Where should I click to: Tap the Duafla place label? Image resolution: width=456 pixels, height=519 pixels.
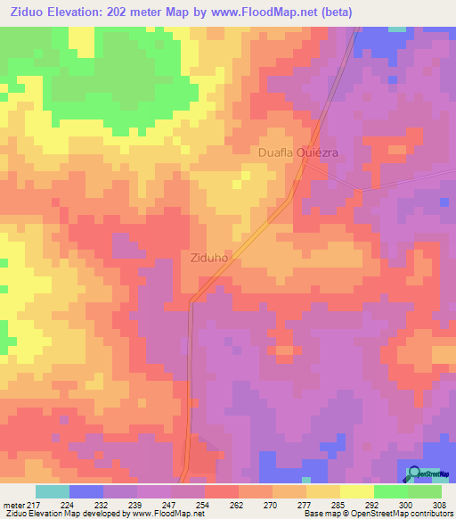275,152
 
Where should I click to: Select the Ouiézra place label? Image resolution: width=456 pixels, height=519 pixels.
318,152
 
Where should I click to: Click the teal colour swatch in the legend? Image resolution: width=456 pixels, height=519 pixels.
53,491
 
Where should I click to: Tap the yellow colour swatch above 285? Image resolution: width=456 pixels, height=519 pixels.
323,491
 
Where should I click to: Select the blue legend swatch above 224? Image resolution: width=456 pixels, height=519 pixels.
86,491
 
